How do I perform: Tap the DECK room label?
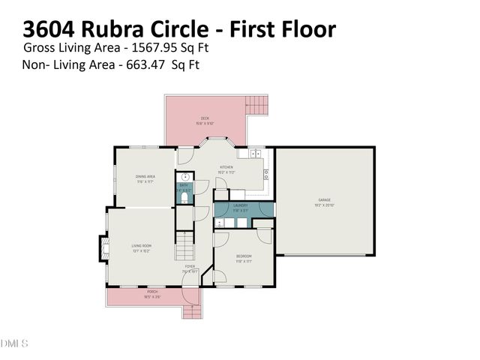pyautogui.click(x=204, y=120)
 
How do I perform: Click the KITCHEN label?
pyautogui.click(x=226, y=167)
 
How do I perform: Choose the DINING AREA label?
pyautogui.click(x=145, y=177)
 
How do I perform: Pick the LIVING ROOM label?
pyautogui.click(x=142, y=245)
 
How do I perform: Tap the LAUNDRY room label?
pyautogui.click(x=241, y=205)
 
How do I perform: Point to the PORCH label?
pyautogui.click(x=152, y=293)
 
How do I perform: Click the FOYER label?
pyautogui.click(x=190, y=266)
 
